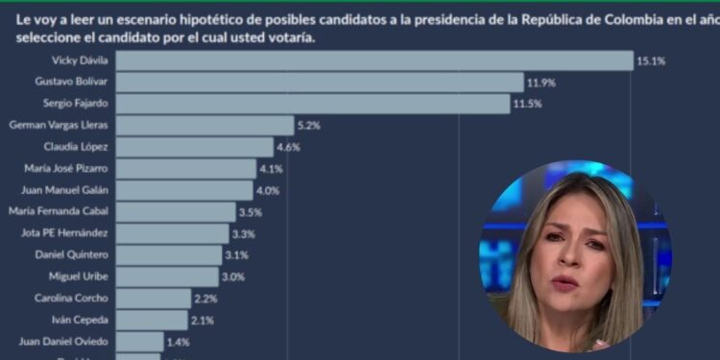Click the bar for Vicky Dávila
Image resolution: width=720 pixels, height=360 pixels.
coord(374,60)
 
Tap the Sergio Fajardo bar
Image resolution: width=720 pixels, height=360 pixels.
coord(313,104)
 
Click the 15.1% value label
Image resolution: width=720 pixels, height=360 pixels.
coord(650,60)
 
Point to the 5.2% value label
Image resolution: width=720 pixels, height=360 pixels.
coord(308,125)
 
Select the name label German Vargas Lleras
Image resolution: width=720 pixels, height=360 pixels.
coord(57,125)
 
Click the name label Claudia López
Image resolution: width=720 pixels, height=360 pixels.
coord(76,147)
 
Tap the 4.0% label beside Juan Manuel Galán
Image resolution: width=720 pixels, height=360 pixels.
coord(267,190)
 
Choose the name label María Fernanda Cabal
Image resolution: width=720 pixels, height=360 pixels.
coord(58,211)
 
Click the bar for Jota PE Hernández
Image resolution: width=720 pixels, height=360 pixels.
coord(172,233)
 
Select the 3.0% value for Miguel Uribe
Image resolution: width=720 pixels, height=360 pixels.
coord(234,276)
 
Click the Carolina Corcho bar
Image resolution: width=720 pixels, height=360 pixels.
coord(153,298)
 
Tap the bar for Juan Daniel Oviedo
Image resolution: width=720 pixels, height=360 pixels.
coord(139,341)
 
